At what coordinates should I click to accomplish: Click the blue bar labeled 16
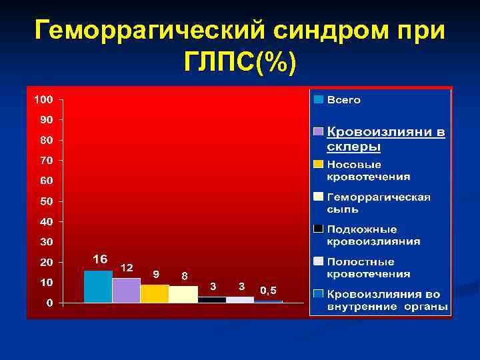pos(98,287)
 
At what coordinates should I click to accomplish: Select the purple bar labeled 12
pos(126,291)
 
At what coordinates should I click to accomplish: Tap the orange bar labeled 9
pos(155,294)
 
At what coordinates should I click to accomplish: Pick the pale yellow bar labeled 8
pos(183,295)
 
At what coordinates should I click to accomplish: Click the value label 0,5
pos(269,290)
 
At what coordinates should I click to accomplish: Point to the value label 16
pos(100,259)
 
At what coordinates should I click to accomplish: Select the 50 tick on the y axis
pos(47,201)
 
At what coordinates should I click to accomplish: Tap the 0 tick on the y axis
pos(50,303)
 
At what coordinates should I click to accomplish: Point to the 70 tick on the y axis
pos(47,161)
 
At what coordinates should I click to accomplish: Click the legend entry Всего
pos(343,100)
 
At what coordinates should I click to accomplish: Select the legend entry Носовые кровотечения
pos(368,171)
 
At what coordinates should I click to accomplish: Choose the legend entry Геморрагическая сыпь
pos(378,203)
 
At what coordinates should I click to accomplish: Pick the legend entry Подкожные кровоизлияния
pos(373,235)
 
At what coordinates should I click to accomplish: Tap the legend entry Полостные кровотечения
pos(368,268)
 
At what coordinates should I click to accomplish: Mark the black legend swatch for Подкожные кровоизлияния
pos(319,229)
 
